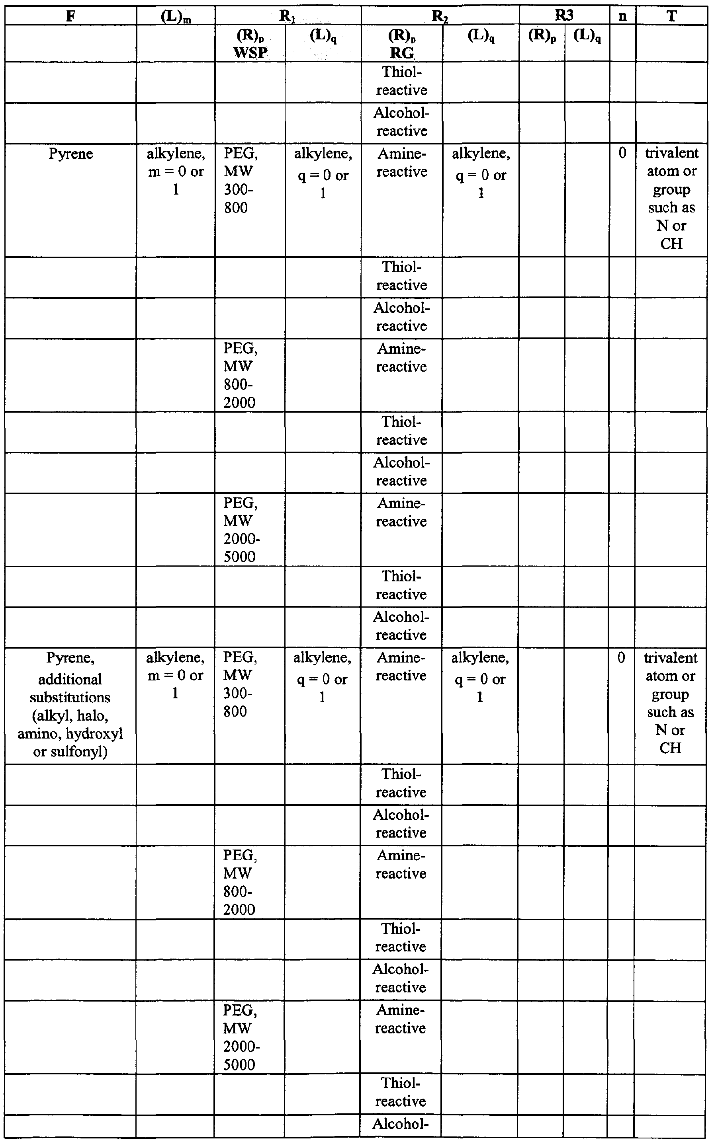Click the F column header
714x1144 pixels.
click(70, 16)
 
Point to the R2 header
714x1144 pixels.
click(440, 16)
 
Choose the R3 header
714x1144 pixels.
click(564, 16)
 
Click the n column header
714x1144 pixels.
click(622, 16)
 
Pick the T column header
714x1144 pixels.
click(671, 16)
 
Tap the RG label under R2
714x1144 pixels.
click(401, 53)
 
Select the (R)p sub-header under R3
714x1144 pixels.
click(542, 35)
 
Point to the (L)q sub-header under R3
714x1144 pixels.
click(587, 35)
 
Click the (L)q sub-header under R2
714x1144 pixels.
click(481, 35)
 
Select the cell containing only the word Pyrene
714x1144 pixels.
click(71, 154)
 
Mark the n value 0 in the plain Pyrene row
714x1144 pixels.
click(622, 153)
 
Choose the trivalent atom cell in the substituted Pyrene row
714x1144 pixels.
click(670, 702)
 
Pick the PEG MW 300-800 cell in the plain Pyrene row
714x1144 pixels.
click(241, 180)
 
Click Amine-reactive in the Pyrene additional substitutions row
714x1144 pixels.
click(401, 667)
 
